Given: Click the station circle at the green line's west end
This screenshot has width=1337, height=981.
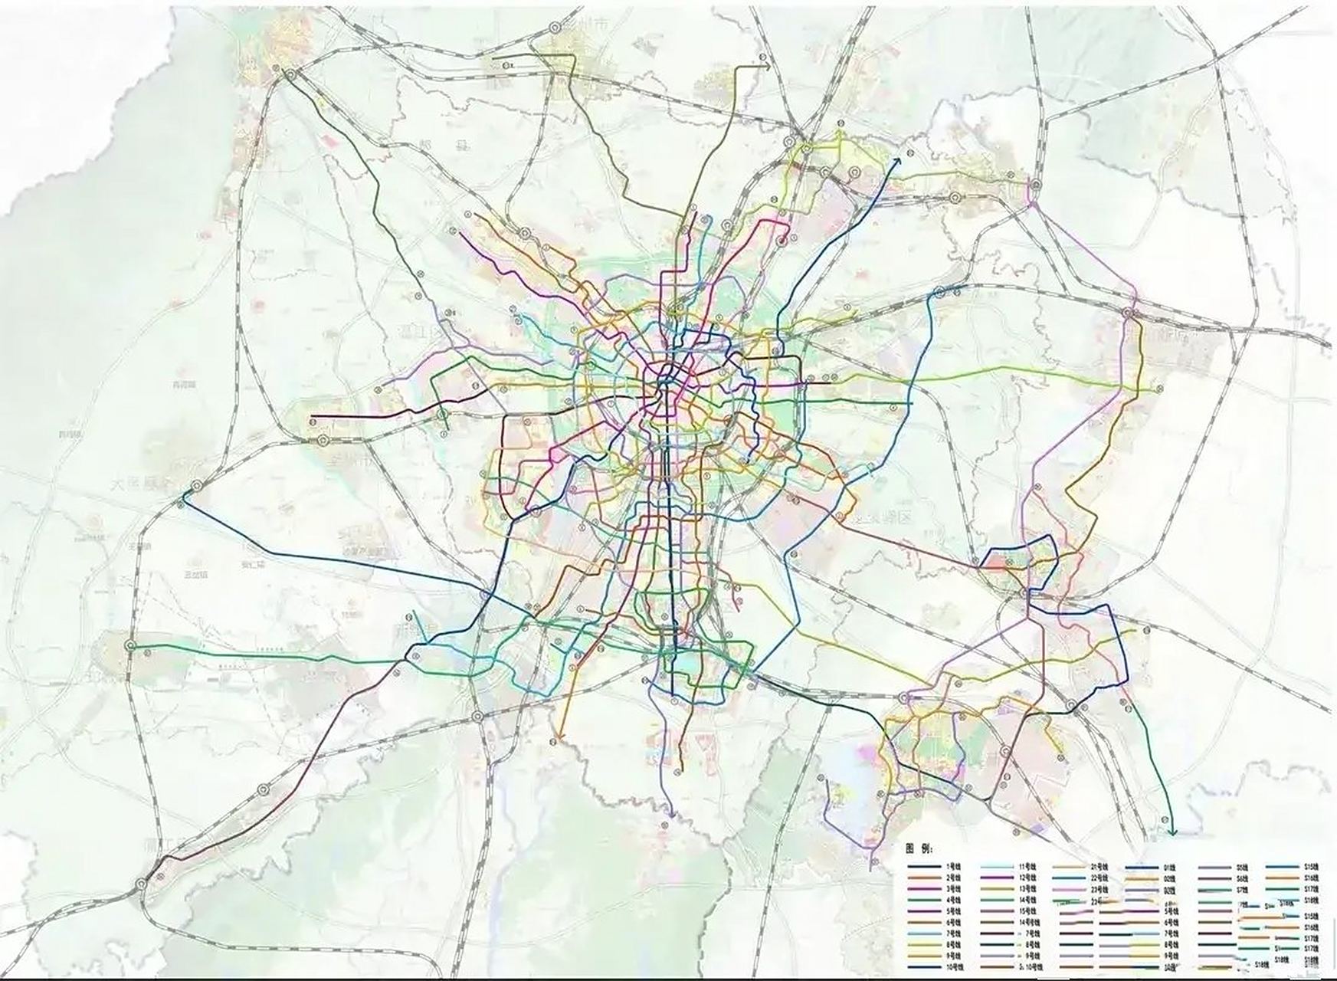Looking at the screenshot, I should (130, 646).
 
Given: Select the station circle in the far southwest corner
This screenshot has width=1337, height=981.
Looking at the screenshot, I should (143, 883).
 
